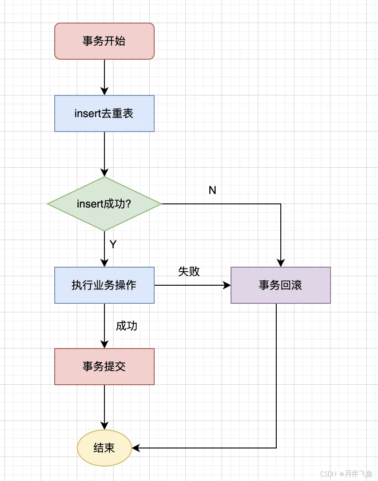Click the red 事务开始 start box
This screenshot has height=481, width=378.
coord(104,41)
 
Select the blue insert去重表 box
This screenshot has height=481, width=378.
coord(104,113)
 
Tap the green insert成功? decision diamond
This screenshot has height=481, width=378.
coord(104,204)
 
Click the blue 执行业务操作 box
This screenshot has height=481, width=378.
coord(104,285)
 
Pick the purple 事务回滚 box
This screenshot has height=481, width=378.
coord(281,285)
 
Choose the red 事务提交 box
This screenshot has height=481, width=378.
coord(104,367)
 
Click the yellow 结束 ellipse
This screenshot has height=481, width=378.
coord(104,448)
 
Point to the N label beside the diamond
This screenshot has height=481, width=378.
coord(213,190)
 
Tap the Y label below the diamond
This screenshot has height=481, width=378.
coord(113,245)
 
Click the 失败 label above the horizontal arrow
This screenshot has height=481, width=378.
coord(189,271)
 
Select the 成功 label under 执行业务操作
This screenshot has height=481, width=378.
coord(127,326)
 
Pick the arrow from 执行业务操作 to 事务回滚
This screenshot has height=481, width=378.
coord(190,285)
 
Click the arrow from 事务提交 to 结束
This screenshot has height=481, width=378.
coord(104,405)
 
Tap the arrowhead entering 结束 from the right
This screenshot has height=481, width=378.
coord(136,448)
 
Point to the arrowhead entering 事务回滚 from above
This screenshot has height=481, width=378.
coord(281,263)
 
